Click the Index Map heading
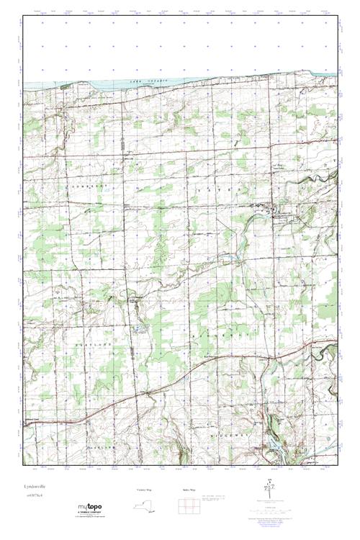[189, 490]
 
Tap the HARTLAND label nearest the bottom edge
[86, 426]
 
